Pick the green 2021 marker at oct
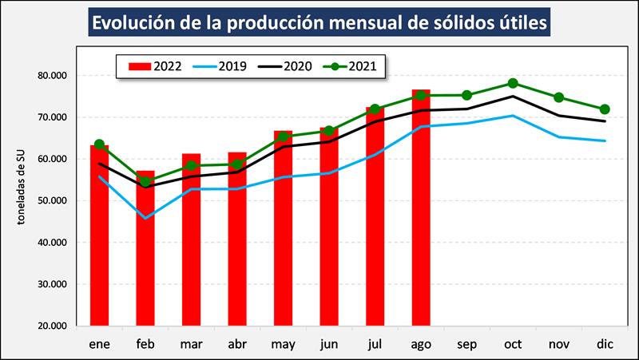[513, 83]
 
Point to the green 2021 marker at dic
[605, 109]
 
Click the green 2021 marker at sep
[466, 95]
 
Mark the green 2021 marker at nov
[559, 97]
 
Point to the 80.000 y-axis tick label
[52, 76]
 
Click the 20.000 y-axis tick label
[52, 326]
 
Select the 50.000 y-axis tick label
[52, 201]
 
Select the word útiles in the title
[520, 23]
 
